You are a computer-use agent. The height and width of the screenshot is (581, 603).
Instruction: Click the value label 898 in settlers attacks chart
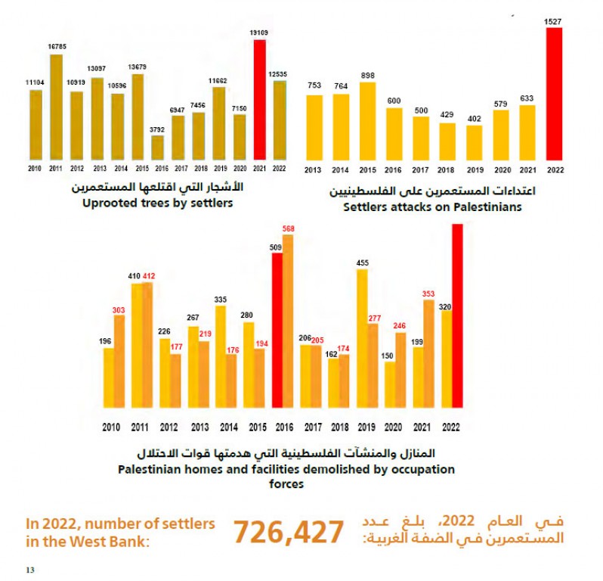pos(368,74)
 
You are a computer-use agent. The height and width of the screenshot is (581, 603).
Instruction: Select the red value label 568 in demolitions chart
pos(288,228)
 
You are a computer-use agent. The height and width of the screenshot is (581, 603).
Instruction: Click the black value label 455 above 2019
pos(362,263)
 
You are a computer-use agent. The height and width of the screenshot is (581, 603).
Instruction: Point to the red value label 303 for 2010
pos(119,308)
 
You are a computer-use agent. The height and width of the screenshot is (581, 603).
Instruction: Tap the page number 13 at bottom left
pos(30,568)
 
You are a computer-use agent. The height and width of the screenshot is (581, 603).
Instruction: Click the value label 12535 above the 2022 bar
pos(280,73)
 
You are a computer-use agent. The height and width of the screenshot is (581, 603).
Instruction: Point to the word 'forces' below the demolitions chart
pos(286,484)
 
